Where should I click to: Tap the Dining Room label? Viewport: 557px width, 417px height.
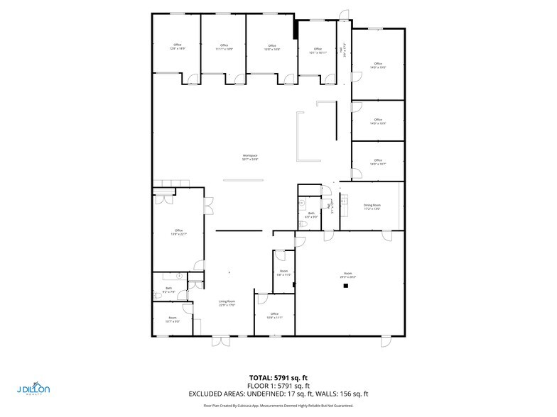coord(372,207)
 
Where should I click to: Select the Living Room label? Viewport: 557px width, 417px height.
coord(227,303)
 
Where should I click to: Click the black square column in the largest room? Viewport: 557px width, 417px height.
coord(345,287)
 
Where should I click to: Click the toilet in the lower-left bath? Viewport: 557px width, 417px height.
coord(180,275)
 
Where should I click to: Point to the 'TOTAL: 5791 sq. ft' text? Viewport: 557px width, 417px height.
coord(278,378)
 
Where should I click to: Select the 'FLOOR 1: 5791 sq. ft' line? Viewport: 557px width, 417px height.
coord(278,386)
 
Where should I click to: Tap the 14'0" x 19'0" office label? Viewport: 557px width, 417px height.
coord(378,65)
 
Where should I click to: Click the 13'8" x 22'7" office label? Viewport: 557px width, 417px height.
coord(178,232)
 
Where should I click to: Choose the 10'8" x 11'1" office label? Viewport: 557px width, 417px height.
coord(275,316)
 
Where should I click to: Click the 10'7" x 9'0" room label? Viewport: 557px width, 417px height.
coord(172,319)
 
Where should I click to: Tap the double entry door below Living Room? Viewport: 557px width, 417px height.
coord(221,341)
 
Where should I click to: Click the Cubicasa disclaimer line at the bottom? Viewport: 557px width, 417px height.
coord(278,405)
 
